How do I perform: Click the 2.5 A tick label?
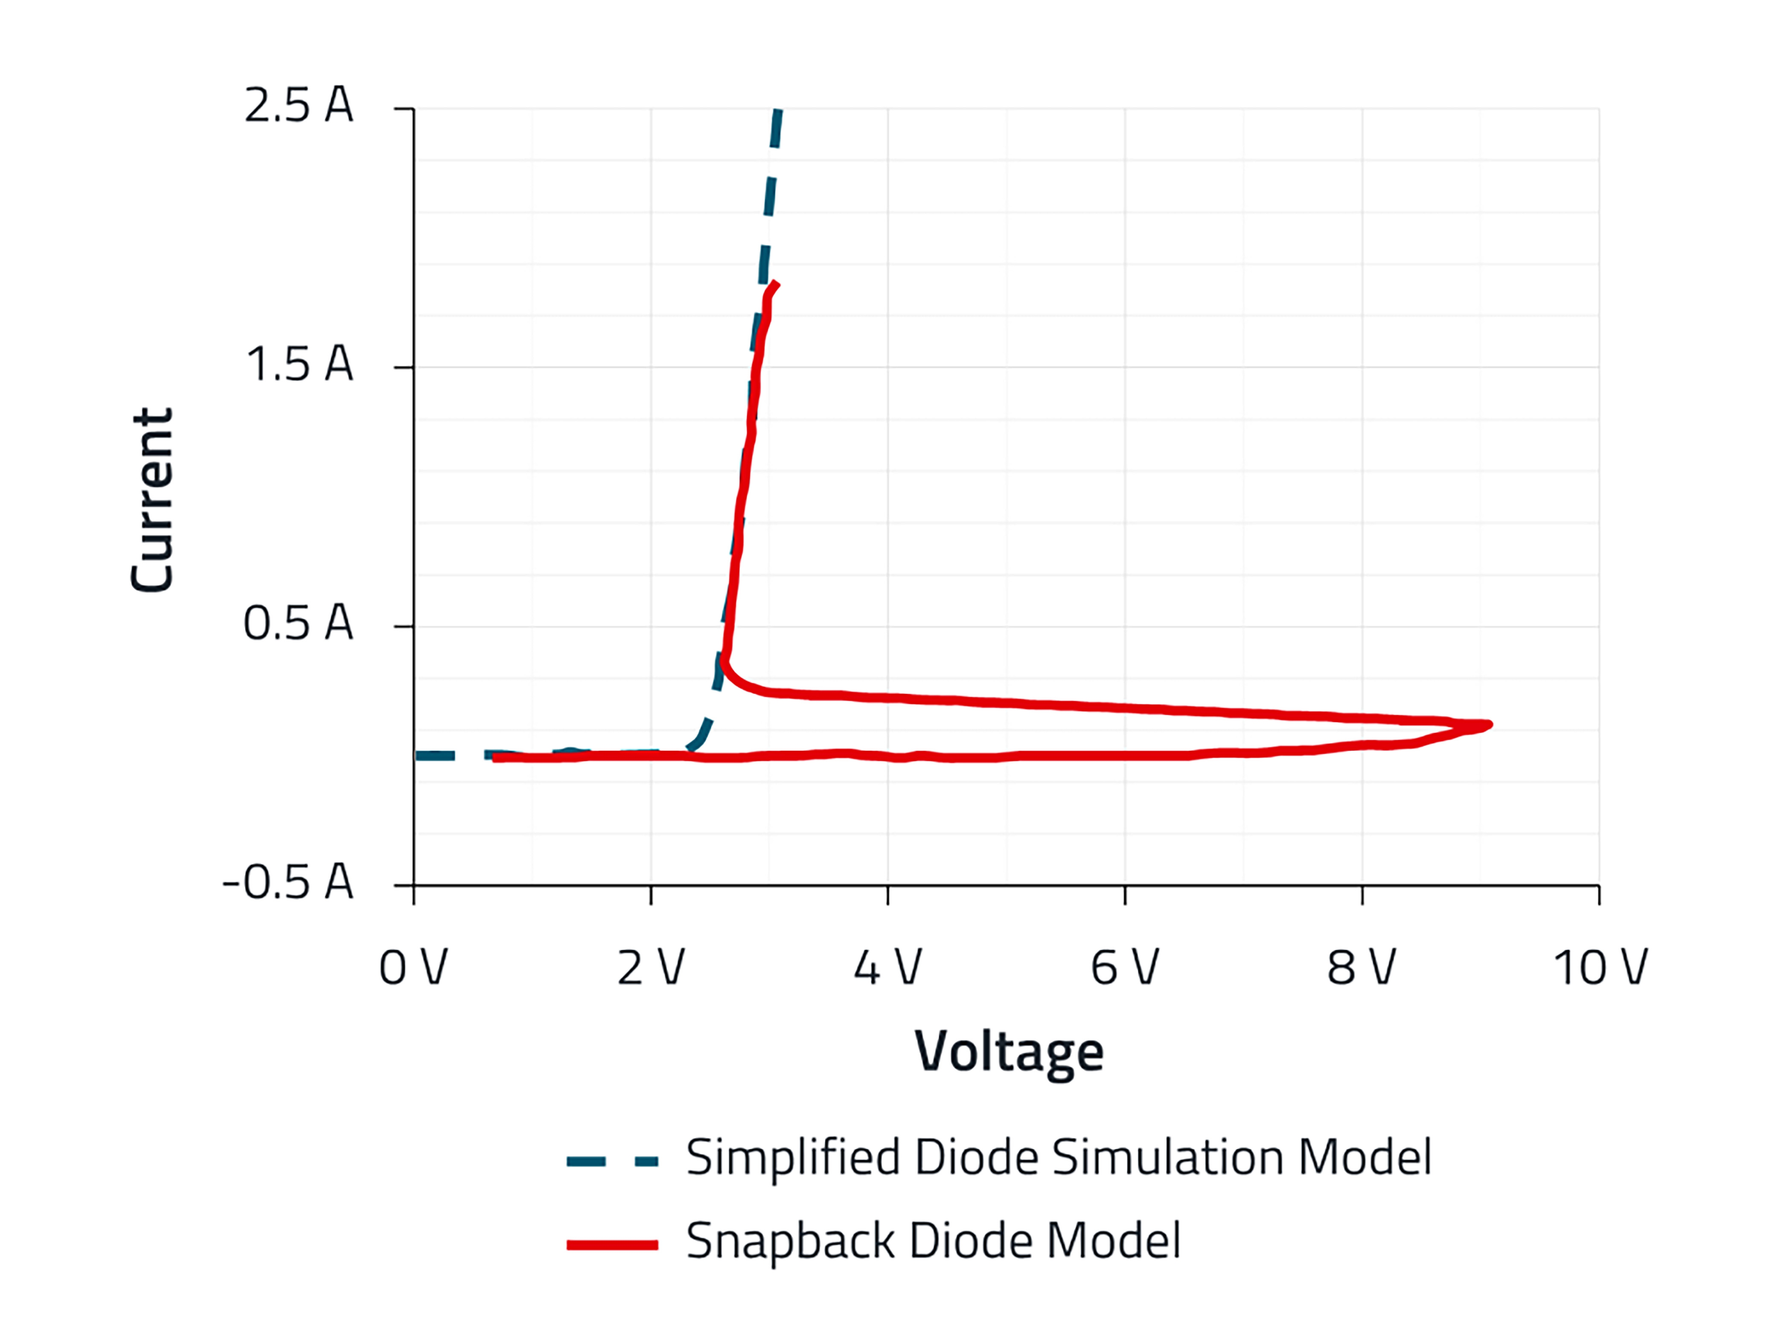click(x=298, y=105)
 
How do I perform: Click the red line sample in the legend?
click(x=612, y=1245)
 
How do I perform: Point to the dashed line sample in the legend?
click(x=612, y=1161)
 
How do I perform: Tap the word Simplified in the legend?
click(x=792, y=1158)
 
